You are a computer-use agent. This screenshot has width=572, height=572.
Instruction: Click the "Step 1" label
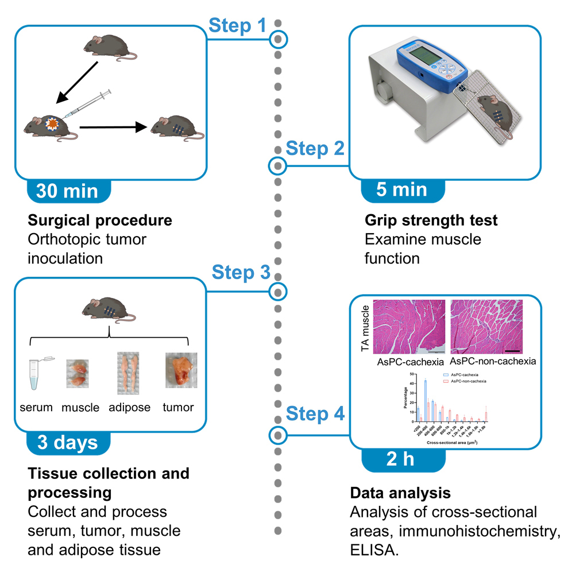click(237, 25)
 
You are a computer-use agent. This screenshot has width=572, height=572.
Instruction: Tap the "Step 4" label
click(315, 413)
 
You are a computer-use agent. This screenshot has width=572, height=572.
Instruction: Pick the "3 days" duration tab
click(67, 442)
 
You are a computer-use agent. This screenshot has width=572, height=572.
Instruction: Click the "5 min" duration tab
click(401, 190)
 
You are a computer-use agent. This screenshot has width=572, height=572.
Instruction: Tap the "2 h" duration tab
click(401, 460)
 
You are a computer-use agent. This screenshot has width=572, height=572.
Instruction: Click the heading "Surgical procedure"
click(100, 221)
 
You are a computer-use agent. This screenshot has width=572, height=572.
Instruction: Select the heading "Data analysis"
click(400, 493)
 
